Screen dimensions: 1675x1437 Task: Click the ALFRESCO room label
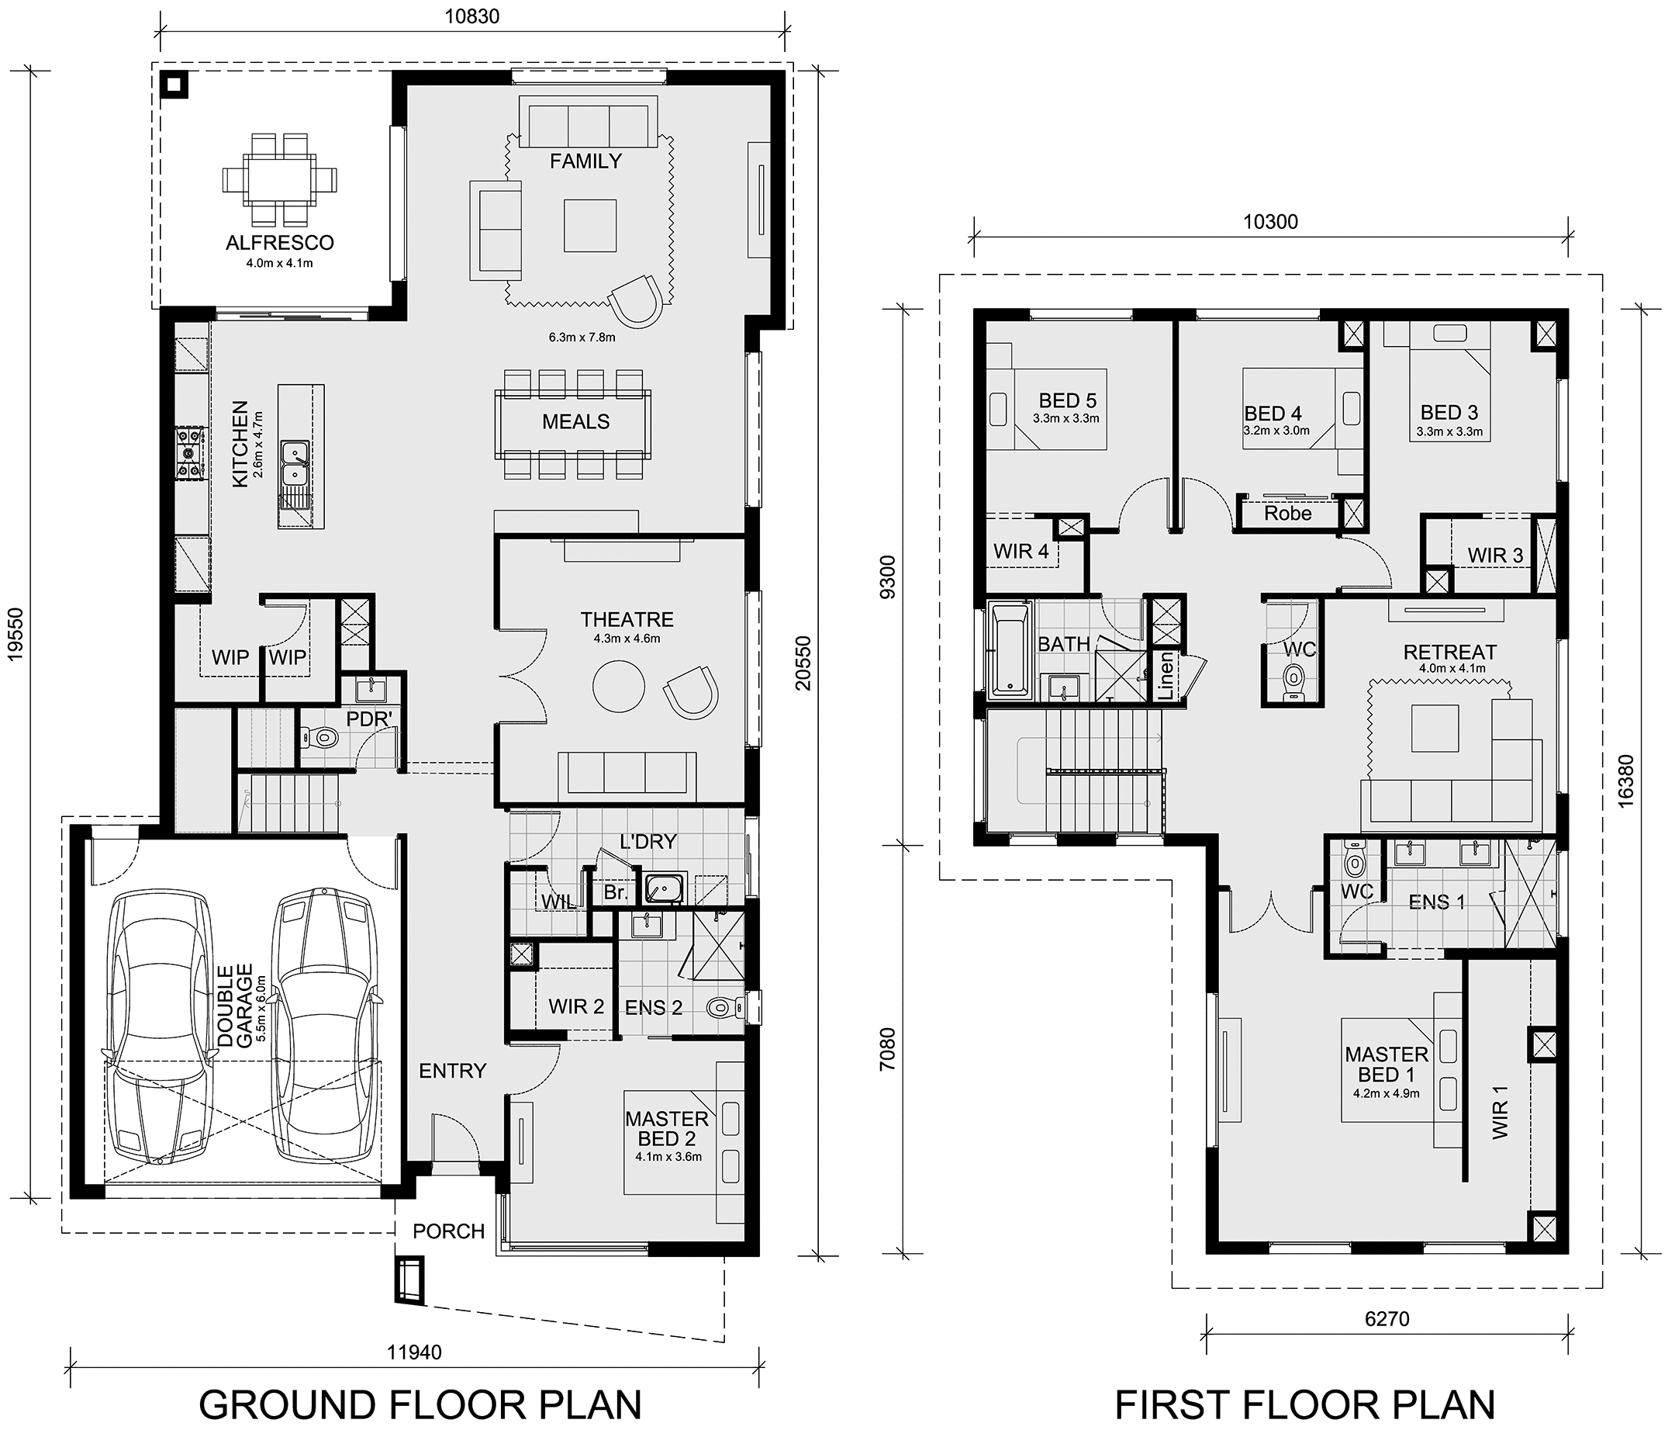[x=280, y=243]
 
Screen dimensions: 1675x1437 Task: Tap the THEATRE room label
[x=627, y=619]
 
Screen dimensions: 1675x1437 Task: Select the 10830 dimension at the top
[x=472, y=16]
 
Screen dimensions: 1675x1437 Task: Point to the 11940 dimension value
[x=414, y=1352]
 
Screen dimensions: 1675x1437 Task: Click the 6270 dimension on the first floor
[x=1387, y=1319]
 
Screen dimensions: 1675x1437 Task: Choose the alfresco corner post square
[x=174, y=84]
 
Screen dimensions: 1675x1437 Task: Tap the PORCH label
[x=449, y=1231]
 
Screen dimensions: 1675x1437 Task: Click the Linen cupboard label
[x=1165, y=675]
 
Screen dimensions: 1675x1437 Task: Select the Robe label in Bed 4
[x=1288, y=513]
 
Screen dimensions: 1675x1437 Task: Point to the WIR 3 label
[x=1496, y=555]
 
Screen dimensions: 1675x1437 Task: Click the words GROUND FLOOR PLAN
[x=420, y=1404]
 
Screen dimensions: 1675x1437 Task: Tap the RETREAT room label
[x=1450, y=652]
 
